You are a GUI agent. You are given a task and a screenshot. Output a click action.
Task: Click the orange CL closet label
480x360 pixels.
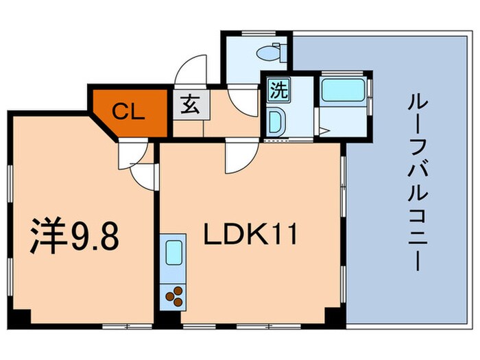[129, 112]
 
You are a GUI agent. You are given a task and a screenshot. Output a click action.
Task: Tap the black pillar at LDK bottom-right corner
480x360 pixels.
[333, 317]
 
